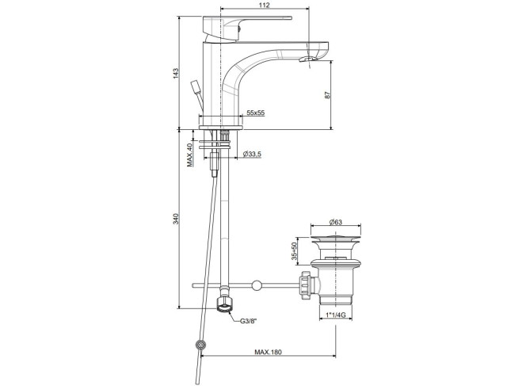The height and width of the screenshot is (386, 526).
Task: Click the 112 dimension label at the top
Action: coord(265,5)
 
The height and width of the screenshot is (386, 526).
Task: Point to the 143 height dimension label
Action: coord(176,74)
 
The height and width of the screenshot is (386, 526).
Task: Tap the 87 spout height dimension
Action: coord(328,95)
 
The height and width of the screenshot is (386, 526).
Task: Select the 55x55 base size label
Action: coord(256,113)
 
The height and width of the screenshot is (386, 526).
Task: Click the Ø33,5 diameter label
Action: coord(252,154)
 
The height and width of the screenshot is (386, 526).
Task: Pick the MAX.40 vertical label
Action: coord(190,155)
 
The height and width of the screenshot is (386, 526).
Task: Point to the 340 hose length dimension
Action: coord(176,219)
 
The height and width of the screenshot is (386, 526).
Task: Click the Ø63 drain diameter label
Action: coord(335,222)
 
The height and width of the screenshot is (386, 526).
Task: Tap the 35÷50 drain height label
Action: coord(294,251)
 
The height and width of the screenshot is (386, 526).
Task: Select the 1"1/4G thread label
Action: coord(335,315)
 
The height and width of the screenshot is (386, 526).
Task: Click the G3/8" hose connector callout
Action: coord(248,321)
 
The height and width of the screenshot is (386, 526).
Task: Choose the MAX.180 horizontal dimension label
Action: coord(268,352)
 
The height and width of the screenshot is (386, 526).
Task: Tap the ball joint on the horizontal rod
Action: coord(257,285)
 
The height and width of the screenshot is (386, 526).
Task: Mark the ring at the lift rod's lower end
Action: coord(201,345)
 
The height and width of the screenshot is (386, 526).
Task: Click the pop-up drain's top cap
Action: coord(336,239)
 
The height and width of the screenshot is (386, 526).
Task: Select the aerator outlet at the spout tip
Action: coord(307,59)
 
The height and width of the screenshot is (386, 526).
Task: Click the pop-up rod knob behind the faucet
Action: coord(196,86)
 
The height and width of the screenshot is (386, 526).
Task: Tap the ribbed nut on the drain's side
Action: coord(307,285)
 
